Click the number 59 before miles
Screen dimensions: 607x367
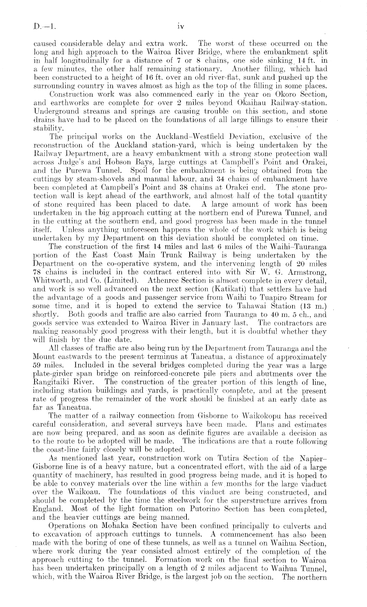pyautogui.click(x=39, y=366)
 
